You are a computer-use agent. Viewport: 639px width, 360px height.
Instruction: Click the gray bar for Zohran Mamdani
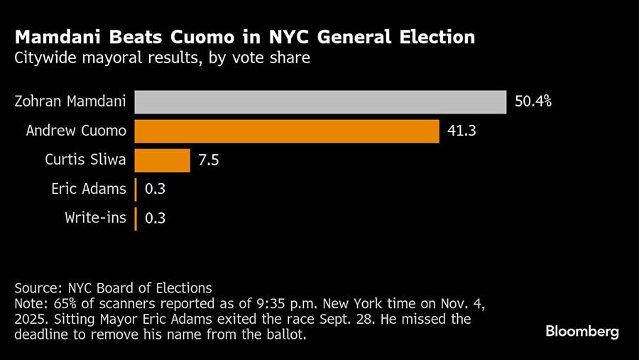pos(319,102)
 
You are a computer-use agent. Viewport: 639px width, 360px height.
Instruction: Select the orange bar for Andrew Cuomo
pos(287,131)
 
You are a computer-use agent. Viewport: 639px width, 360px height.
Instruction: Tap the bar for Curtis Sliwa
pos(162,160)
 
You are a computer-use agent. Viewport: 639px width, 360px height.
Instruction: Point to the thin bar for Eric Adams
pos(135,190)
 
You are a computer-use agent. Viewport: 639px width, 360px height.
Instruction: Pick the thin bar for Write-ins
pos(135,218)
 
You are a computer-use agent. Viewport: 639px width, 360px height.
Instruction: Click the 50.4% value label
pos(533,102)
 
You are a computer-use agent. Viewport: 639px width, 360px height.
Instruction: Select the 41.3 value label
pos(462,131)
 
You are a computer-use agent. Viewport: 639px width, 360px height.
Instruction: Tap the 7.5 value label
pos(209,160)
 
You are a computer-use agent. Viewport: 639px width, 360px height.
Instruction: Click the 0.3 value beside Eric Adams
pos(155,190)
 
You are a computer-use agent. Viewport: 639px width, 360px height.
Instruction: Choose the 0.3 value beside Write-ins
pos(155,218)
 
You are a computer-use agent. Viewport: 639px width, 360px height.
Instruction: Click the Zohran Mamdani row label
pos(70,102)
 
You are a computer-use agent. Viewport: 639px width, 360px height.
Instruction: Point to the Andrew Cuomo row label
pos(76,131)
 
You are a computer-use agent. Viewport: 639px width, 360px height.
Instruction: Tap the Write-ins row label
pos(95,218)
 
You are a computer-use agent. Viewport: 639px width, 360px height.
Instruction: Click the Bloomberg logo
pos(582,332)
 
